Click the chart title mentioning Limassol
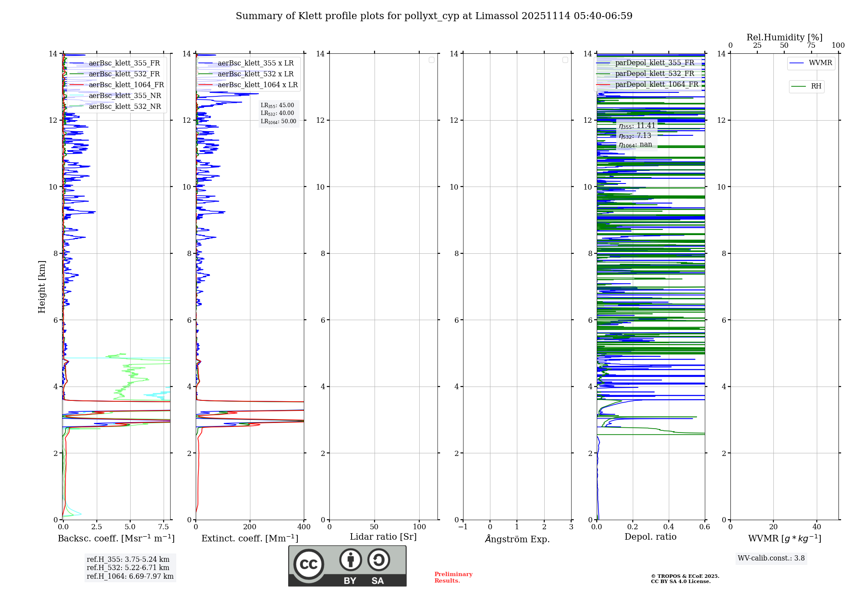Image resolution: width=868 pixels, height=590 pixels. [x=434, y=16]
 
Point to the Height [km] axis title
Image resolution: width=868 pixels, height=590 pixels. [x=42, y=287]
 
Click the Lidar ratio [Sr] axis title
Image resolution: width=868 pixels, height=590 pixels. [x=383, y=537]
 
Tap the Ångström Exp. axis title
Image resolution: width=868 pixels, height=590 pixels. [x=517, y=539]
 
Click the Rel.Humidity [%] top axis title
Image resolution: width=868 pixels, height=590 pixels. [x=784, y=37]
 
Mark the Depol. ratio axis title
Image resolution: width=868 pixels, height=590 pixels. [x=650, y=537]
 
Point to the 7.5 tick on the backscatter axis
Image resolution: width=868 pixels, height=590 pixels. [x=164, y=527]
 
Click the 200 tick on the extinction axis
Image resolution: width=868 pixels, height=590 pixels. [x=250, y=527]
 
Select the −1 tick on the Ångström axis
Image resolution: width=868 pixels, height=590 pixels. [x=463, y=527]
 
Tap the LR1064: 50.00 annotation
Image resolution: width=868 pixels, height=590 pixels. [x=278, y=121]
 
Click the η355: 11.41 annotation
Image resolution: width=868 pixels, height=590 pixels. [x=637, y=126]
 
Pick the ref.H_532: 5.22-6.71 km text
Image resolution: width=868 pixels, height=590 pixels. [x=128, y=568]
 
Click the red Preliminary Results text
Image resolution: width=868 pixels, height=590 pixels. [x=453, y=577]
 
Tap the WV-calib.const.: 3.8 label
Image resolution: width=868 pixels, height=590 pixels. [x=771, y=558]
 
